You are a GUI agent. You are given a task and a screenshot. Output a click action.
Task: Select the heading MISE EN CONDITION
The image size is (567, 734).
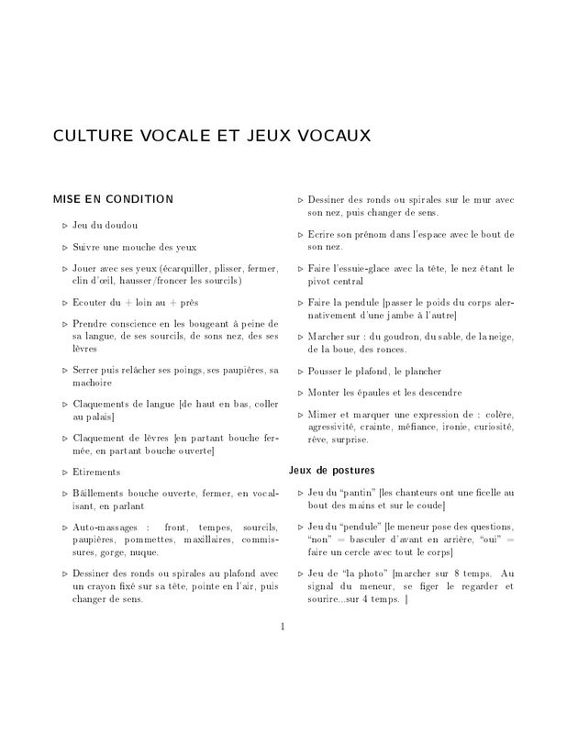114,197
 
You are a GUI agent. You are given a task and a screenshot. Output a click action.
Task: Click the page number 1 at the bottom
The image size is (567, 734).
283,627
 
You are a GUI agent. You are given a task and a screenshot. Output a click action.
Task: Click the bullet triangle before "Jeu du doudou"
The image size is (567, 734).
64,226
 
